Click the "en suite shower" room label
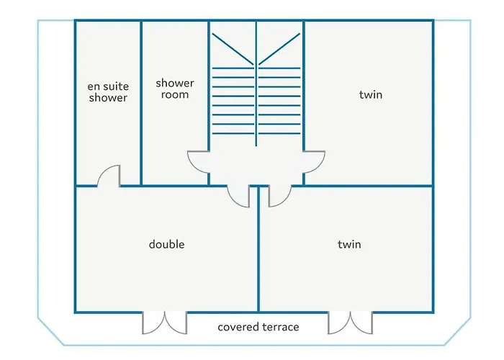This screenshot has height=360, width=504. pos(108,92)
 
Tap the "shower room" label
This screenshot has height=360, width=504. pos(175,89)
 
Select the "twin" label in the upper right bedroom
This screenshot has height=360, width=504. pos(371,94)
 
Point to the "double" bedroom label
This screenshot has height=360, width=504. pos(167,244)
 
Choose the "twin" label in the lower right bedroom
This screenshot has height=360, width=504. pos(349,244)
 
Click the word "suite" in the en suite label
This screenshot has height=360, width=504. pos(115,86)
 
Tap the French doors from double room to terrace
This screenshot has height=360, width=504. pos(165,323)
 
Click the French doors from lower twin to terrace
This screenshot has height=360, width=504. pos(350,323)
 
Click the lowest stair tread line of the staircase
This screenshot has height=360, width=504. pos(256,132)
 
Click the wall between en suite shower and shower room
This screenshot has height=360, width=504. pos(140,101)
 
